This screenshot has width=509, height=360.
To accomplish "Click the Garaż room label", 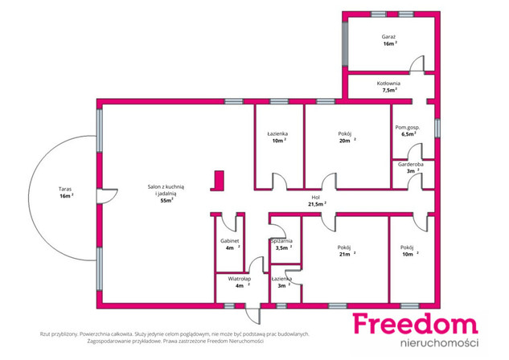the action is pyautogui.click(x=388, y=37).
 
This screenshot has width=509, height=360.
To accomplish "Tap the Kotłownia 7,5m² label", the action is pyautogui.click(x=388, y=87).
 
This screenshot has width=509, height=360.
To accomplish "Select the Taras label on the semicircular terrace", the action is pyautogui.click(x=65, y=189).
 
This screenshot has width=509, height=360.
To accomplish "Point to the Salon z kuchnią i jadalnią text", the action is pyautogui.click(x=166, y=190).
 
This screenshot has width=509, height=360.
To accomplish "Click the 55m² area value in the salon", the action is pyautogui.click(x=166, y=200).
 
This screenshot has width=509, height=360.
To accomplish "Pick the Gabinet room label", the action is pyautogui.click(x=230, y=241).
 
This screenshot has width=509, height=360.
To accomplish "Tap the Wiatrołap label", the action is pyautogui.click(x=240, y=279).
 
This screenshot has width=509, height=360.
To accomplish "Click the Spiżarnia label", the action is pyautogui.click(x=281, y=241).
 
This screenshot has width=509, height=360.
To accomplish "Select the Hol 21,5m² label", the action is pyautogui.click(x=317, y=201).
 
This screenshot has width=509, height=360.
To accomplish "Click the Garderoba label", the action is pyautogui.click(x=411, y=164).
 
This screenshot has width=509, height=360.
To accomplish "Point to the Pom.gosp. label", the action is pyautogui.click(x=408, y=128).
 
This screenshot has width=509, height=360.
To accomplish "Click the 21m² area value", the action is pyautogui.click(x=347, y=254).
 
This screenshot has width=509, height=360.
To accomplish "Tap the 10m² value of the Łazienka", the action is pyautogui.click(x=279, y=141).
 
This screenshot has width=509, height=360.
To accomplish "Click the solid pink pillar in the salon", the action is pyautogui.click(x=218, y=181).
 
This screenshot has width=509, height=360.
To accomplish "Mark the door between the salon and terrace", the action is pyautogui.click(x=108, y=196).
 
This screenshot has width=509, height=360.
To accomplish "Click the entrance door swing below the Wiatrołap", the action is pyautogui.click(x=252, y=314).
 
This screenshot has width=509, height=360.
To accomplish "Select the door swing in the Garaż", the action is pyautogui.click(x=417, y=63).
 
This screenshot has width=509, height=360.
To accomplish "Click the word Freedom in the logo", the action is pyautogui.click(x=416, y=323).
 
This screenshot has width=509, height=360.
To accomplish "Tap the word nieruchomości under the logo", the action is pyautogui.click(x=440, y=343).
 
